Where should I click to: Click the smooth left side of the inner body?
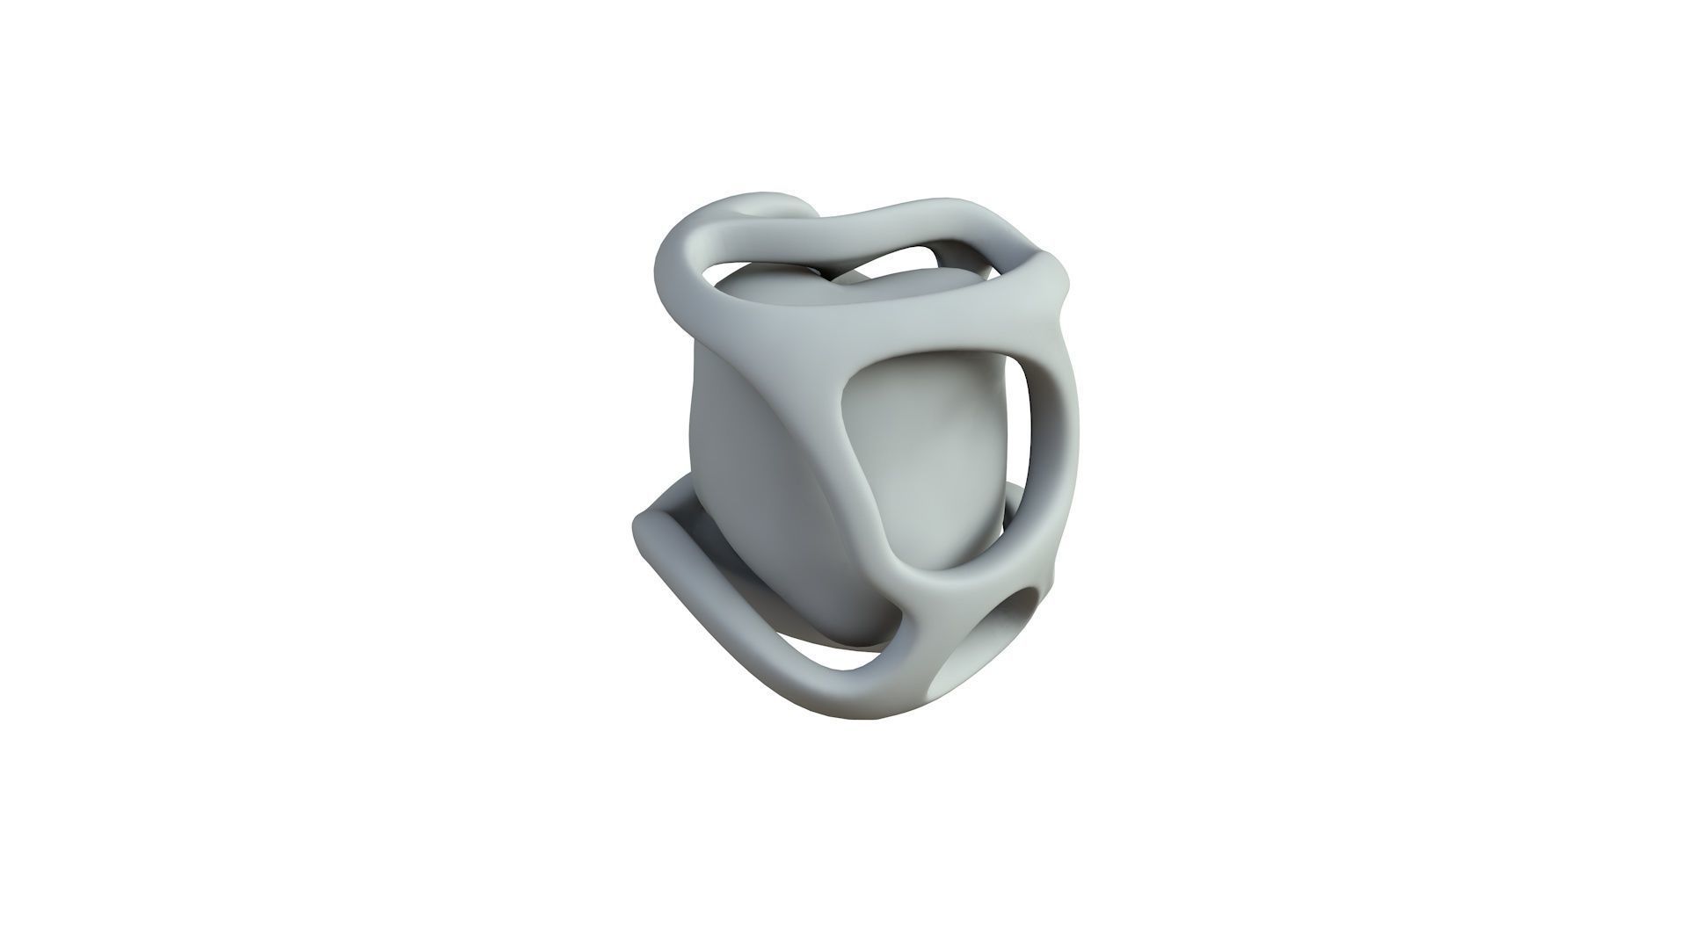[x=730, y=457]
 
